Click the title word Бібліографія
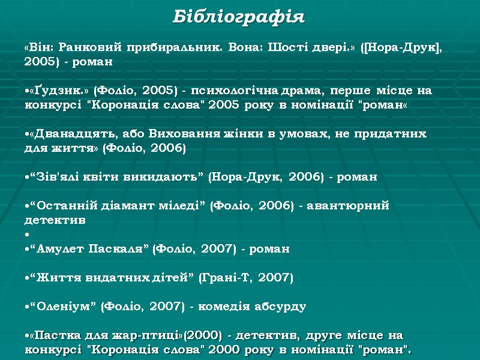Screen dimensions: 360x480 click(x=239, y=17)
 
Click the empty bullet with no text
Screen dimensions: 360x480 click(x=27, y=234)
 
